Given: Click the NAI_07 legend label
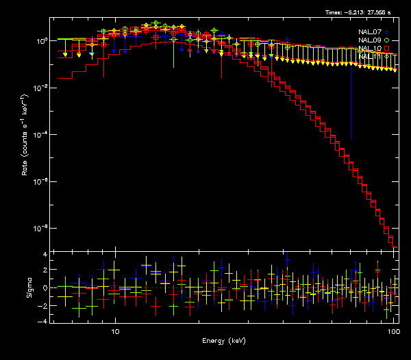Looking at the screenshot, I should click(x=370, y=31).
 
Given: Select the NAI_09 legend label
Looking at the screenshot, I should click(x=370, y=40).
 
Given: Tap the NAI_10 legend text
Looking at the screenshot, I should click(x=370, y=49).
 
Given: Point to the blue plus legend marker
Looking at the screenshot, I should click(x=387, y=31).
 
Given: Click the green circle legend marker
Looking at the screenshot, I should click(x=387, y=40).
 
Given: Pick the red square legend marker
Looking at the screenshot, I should click(x=387, y=49).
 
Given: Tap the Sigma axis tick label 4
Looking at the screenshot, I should click(x=45, y=254).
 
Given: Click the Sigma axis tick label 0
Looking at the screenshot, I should click(x=45, y=287).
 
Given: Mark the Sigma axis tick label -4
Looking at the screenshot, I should click(x=44, y=320).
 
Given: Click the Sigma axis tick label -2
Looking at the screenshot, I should click(x=44, y=304).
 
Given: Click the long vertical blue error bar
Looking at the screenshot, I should click(x=351, y=96).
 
